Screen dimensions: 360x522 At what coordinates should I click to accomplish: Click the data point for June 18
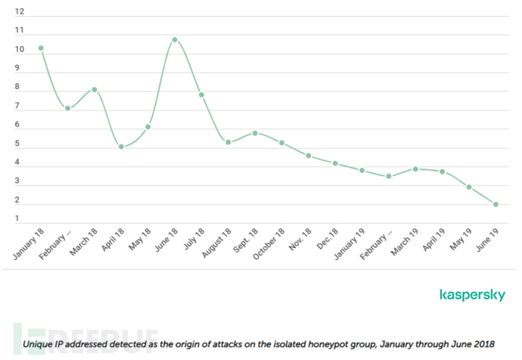(x=175, y=39)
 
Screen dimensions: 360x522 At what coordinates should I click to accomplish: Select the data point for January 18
(x=41, y=48)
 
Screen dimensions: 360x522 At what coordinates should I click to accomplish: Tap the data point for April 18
(x=121, y=147)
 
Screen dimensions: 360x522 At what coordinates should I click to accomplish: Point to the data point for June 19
(x=496, y=204)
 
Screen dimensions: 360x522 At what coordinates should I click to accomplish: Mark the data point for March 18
(x=95, y=89)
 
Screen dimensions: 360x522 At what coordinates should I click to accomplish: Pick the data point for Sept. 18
(x=255, y=133)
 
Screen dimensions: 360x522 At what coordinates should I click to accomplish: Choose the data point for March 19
(x=415, y=169)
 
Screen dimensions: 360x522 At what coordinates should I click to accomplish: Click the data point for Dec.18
(x=335, y=163)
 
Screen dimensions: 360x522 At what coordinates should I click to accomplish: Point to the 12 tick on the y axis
(x=19, y=12)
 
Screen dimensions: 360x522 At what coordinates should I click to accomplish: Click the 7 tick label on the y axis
(x=19, y=107)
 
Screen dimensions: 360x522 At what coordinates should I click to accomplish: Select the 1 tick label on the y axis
(x=19, y=219)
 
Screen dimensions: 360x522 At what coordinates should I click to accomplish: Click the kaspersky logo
(x=471, y=295)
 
